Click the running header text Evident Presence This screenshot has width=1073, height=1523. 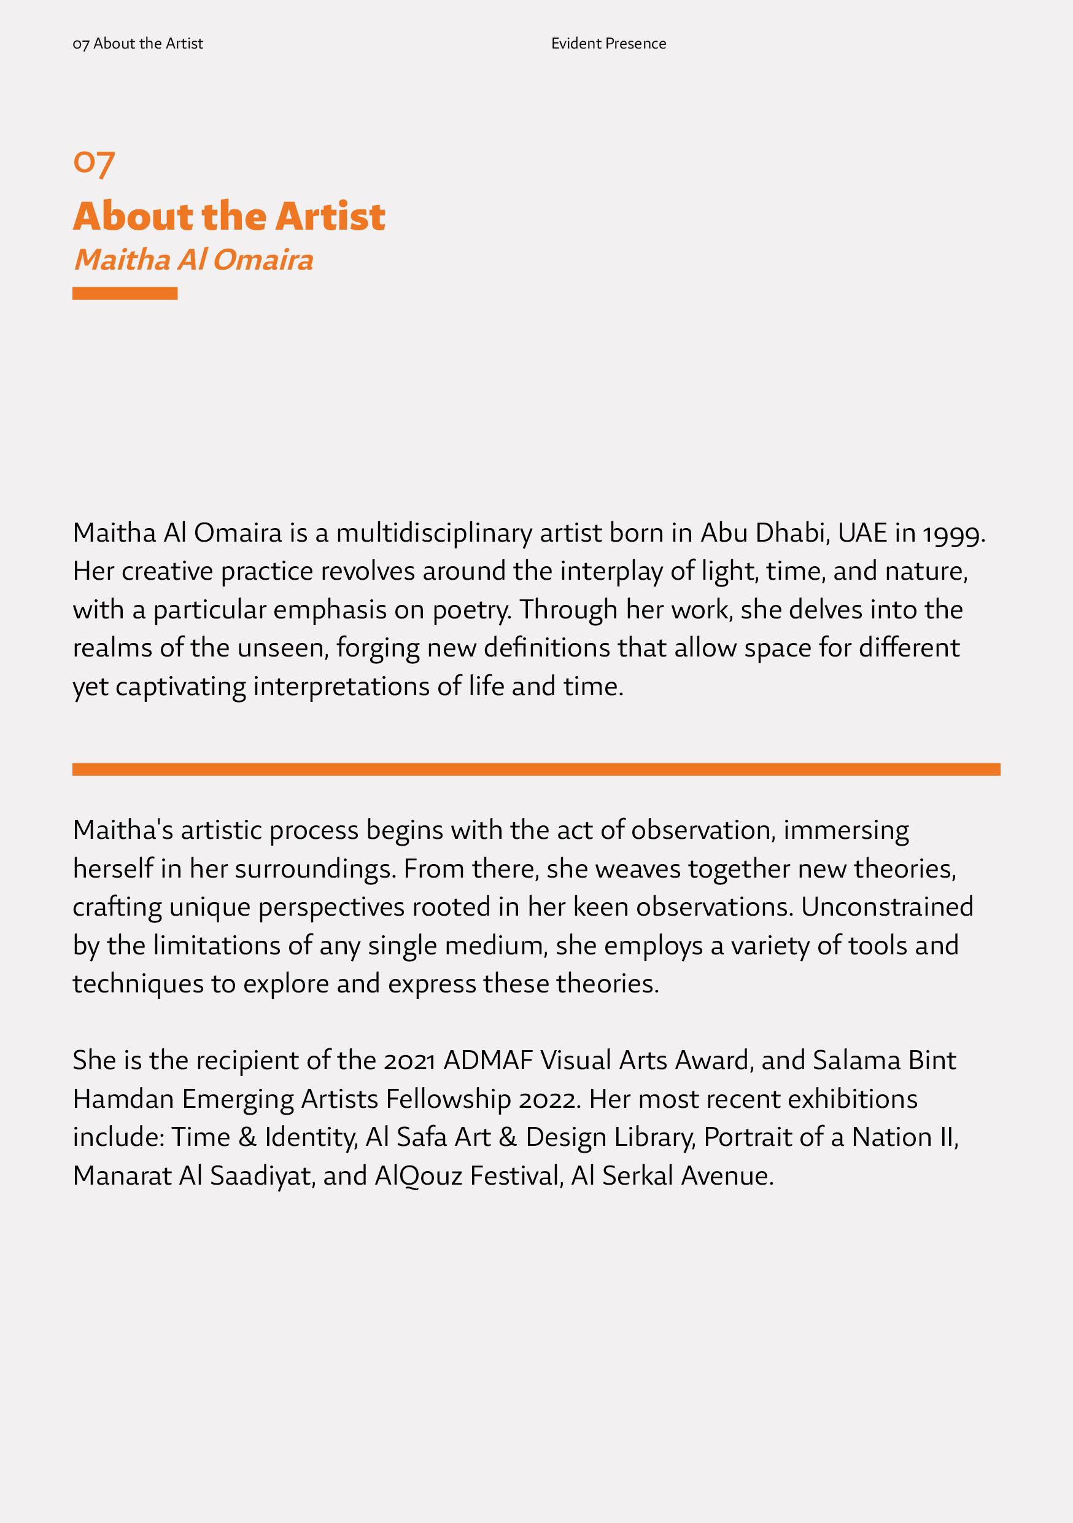click(x=608, y=44)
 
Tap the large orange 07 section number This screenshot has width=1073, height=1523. click(x=93, y=163)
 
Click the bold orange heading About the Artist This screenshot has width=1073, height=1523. click(x=229, y=216)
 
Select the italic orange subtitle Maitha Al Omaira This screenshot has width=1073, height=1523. click(x=193, y=260)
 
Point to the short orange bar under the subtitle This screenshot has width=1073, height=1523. click(x=125, y=293)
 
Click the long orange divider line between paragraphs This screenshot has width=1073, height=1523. click(x=536, y=769)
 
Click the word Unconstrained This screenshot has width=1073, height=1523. click(x=886, y=907)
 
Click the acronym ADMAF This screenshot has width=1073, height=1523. click(x=488, y=1061)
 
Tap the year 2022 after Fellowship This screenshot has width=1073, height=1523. click(x=550, y=1099)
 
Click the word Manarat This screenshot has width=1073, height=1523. click(x=122, y=1176)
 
